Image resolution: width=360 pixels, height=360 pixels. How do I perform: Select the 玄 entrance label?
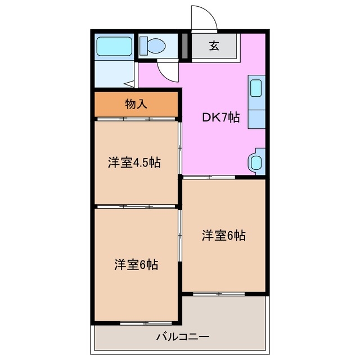coord(214,46)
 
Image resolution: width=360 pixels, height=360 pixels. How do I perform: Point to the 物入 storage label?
coord(136,103)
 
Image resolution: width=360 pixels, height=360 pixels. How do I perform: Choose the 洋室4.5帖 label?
coord(134,163)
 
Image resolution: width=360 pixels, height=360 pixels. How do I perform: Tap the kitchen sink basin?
coord(256,89)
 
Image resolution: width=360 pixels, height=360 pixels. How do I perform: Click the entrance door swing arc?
coord(204,18)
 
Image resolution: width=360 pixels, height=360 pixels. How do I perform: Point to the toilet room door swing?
coord(167,71)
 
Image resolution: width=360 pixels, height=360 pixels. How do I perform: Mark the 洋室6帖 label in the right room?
coord(223,236)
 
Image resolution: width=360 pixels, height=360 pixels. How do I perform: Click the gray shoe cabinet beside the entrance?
coord(185,46)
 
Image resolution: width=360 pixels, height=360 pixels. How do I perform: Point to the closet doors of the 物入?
coord(136,119)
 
